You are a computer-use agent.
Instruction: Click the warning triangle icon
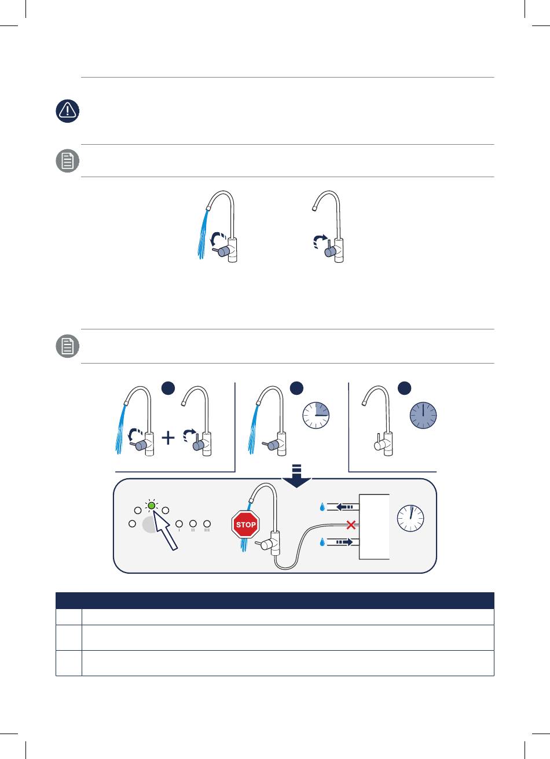click(67, 111)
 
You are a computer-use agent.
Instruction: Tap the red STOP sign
click(245, 524)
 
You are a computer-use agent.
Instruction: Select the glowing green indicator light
click(152, 505)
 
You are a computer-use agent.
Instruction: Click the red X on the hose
click(351, 525)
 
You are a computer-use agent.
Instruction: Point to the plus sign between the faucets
click(168, 438)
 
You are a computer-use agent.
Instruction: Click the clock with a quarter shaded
click(316, 416)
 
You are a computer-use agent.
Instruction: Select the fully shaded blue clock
click(423, 416)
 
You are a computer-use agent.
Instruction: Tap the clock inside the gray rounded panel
click(410, 518)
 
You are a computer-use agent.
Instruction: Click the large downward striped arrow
click(296, 476)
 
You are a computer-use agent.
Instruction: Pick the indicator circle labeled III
click(207, 524)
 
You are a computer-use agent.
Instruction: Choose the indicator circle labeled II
click(193, 524)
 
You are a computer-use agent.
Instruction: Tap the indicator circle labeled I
click(179, 524)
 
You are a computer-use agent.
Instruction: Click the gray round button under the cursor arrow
click(150, 525)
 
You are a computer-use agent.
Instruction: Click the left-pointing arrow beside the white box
click(345, 507)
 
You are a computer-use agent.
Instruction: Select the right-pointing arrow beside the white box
click(344, 542)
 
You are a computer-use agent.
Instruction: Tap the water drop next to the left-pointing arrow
click(322, 507)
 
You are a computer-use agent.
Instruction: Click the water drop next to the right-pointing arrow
click(322, 542)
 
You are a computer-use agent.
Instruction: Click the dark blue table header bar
click(275, 600)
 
